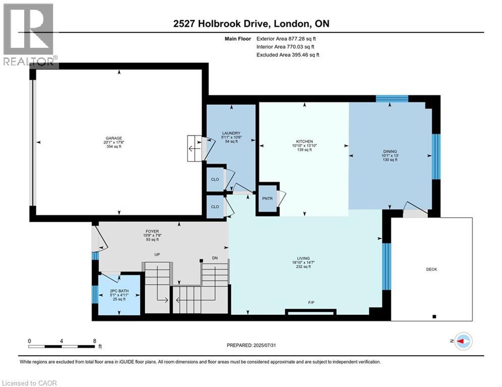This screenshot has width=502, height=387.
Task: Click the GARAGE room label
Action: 114,138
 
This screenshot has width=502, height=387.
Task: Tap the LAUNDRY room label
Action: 231,133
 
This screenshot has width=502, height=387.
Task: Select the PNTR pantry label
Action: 267,199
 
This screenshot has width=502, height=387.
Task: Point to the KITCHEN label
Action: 304,142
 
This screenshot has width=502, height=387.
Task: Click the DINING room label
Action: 390,151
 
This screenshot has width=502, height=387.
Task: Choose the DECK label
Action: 431,269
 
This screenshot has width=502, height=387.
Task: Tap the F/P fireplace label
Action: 311,302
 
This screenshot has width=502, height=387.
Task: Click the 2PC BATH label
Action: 119,291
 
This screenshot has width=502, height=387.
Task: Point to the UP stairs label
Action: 157,254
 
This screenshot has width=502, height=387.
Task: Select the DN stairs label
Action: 215,258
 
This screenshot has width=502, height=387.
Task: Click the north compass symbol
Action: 463,341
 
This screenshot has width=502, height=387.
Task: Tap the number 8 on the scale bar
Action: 95,341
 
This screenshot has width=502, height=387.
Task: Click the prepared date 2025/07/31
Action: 264,345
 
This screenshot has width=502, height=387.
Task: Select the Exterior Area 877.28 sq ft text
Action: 286,39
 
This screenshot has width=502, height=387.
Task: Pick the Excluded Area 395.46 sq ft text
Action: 288,55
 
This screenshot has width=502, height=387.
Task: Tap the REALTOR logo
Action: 29,34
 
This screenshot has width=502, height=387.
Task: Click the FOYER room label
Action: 152,231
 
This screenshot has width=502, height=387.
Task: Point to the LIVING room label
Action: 303,258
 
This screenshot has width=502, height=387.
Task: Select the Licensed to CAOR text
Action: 29,383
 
